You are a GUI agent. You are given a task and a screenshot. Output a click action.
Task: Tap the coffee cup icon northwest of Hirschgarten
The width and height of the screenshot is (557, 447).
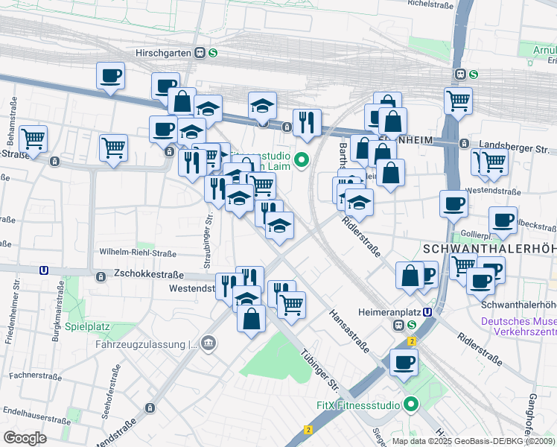tap(110, 75)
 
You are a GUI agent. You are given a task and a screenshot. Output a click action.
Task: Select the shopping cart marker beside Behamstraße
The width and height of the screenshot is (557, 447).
tap(33, 138)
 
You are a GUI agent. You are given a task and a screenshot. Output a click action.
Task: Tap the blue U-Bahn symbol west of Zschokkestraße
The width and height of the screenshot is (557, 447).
tap(45, 271)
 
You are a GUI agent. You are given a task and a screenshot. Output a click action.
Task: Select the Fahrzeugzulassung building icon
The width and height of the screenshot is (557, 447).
tap(209, 343)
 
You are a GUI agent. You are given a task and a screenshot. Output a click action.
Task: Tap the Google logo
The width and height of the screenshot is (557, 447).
tap(25, 437)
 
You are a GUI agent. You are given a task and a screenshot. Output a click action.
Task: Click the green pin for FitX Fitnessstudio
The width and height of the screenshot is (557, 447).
tap(410, 406)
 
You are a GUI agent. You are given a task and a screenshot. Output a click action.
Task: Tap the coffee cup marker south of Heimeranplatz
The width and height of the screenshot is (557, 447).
tap(404, 363)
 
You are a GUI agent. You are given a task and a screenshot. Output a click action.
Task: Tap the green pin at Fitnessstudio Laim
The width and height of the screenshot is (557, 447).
tap(301, 159)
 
